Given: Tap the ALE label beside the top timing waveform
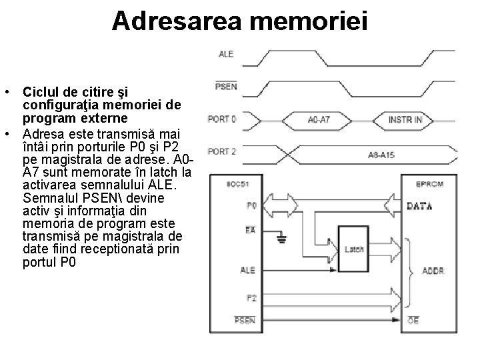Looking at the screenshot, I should click(226, 54).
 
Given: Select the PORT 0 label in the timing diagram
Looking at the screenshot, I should click(222, 119).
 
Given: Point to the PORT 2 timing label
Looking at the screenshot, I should click(222, 152).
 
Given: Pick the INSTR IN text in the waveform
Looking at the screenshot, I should click(405, 120).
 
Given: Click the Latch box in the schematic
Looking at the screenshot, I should click(354, 249).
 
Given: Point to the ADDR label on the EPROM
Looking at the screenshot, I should click(434, 271).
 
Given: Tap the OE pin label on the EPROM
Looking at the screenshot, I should click(414, 321).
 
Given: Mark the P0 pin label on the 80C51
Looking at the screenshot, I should click(251, 206).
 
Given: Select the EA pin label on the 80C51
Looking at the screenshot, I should click(251, 230).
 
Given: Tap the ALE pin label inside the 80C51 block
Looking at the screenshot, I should click(247, 271).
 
